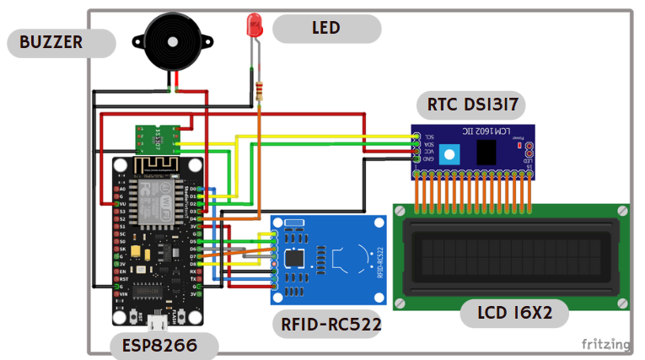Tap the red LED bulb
pos(254,24)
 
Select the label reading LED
pos(326,28)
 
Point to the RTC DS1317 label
pos(472,105)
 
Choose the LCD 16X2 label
pos(514,313)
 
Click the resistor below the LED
pos(259,90)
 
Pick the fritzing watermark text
pos(605,344)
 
